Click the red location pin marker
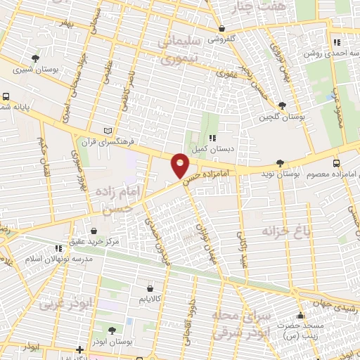coord(180,165)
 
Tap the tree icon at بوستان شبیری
coord(36,58)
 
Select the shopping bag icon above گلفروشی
coord(222,29)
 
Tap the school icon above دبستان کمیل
coord(210,137)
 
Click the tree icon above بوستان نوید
coord(281,162)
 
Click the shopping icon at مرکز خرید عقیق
coord(94,231)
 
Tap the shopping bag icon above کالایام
coord(150,288)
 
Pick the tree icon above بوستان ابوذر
coord(112,330)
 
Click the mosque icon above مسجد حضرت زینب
coord(302,314)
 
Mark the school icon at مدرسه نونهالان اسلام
coord(58,248)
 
